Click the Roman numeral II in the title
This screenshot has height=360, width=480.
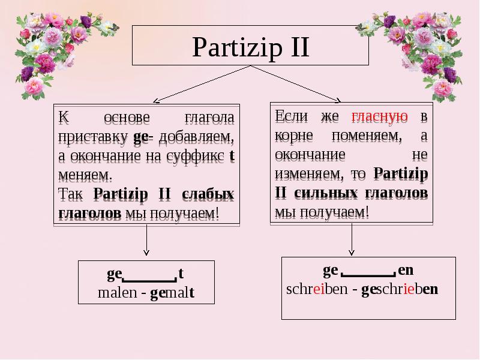pyautogui.click(x=295, y=46)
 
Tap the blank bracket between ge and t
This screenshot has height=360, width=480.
pyautogui.click(x=148, y=278)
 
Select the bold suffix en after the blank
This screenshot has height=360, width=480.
pyautogui.click(x=406, y=270)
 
